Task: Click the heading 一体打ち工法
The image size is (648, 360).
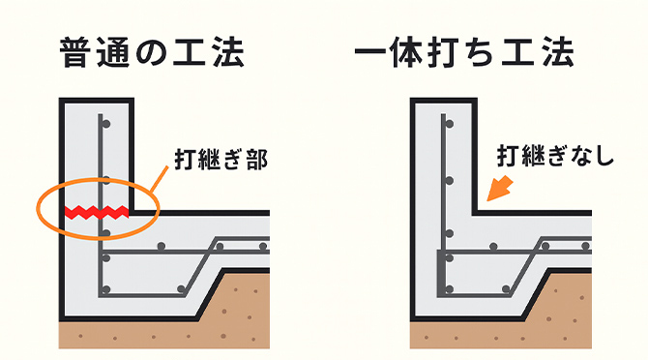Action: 463,52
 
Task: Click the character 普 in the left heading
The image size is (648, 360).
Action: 75,52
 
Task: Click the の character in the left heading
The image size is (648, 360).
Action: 154,53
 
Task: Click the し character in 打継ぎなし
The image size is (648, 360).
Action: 604,155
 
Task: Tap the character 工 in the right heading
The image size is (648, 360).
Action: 520,52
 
